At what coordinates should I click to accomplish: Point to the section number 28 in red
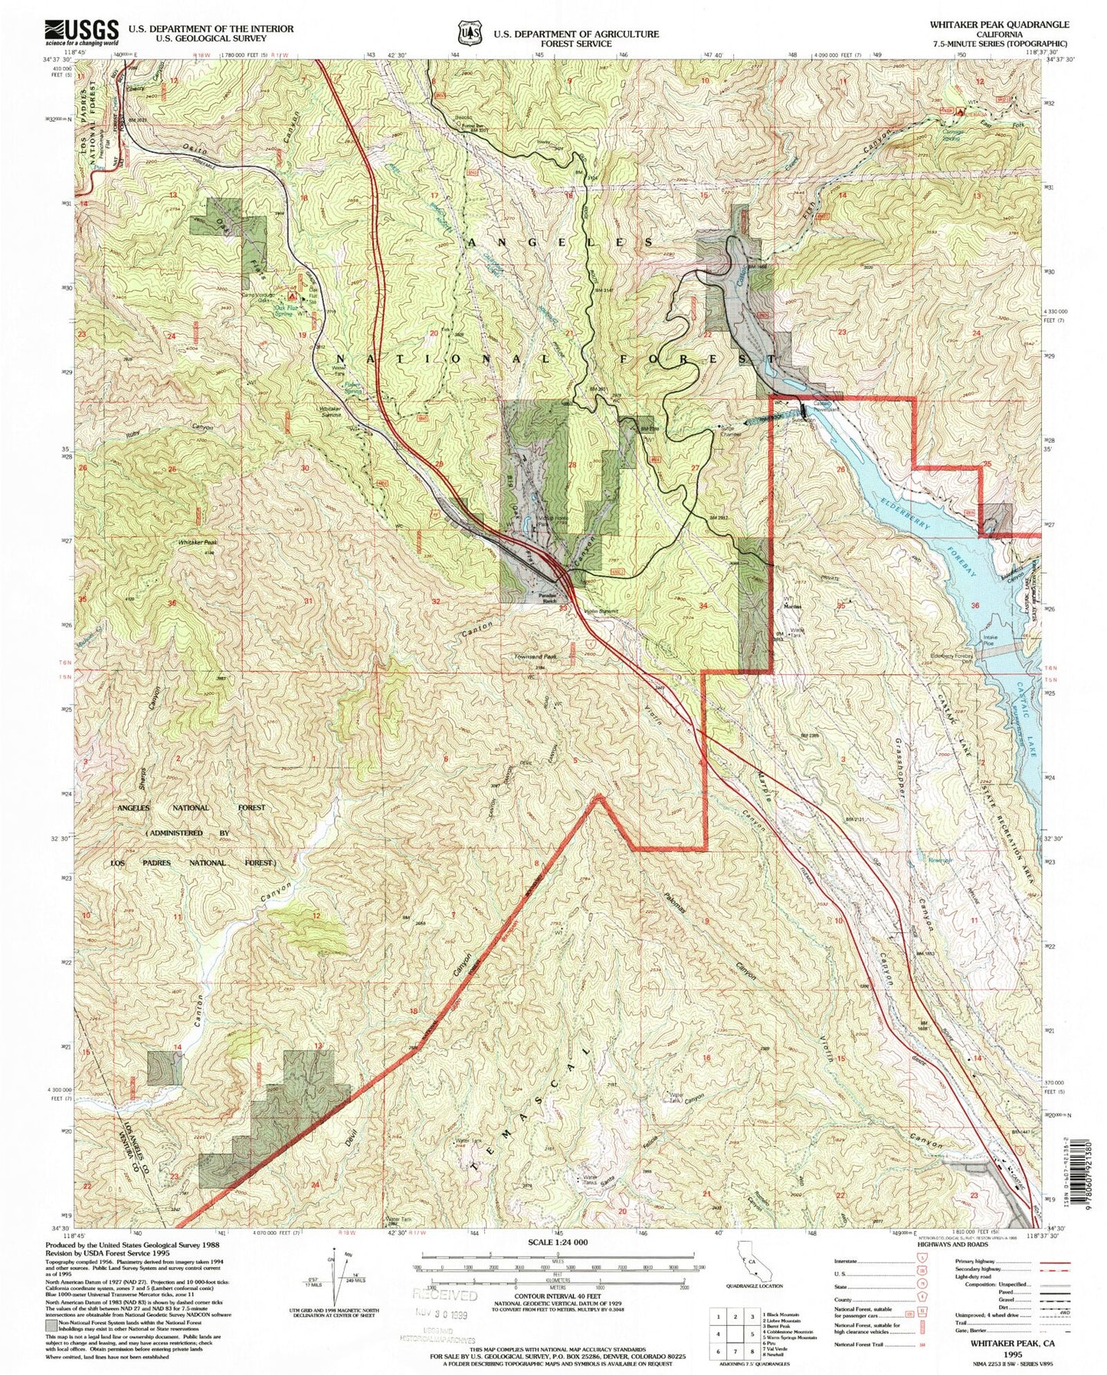tap(572, 465)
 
